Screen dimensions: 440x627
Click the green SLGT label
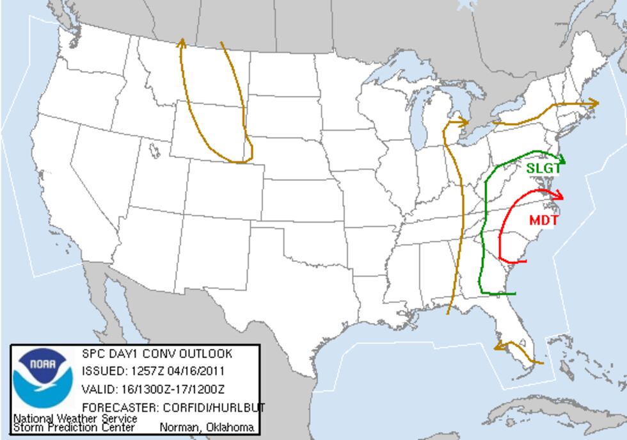pos(543,168)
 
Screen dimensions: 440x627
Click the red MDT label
pos(544,220)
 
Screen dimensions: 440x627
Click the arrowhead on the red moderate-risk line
pos(559,195)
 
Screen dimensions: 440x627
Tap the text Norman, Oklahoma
pos(206,427)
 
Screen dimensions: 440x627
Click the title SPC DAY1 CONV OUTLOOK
pos(157,354)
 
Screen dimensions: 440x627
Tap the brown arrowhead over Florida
pos(498,346)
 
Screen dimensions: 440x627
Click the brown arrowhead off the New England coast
pos(594,102)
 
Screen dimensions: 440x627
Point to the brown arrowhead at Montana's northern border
pos(182,42)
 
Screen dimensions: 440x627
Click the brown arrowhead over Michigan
pos(464,121)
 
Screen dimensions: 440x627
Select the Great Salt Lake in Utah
pos(154,150)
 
